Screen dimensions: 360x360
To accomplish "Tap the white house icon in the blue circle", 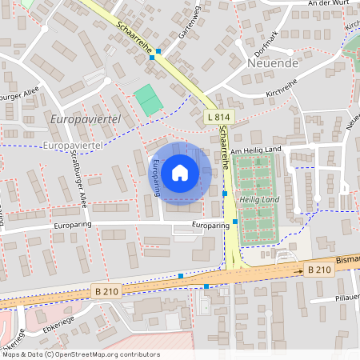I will pos(180,173).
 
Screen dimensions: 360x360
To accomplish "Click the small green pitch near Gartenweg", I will pos(147,100).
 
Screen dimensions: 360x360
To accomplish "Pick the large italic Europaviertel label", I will pos(84,119).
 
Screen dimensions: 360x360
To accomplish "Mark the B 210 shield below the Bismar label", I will pos(319,270).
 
